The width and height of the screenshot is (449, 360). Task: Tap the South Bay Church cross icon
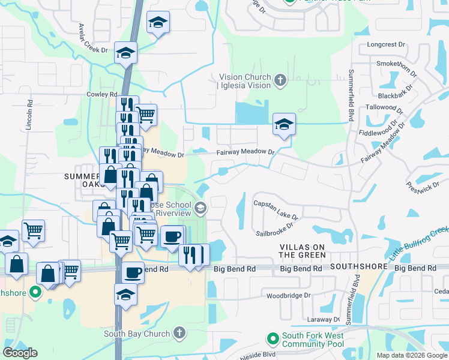point(179,334)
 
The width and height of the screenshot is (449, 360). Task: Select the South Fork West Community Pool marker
point(273,339)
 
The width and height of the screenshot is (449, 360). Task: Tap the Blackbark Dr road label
point(397,92)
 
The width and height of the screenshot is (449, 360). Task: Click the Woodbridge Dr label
point(288,295)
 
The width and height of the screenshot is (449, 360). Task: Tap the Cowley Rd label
point(101,94)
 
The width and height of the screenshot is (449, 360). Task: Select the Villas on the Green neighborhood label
point(303,251)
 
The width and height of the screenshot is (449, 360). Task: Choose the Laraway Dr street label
point(324,319)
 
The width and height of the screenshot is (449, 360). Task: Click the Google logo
point(20,353)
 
